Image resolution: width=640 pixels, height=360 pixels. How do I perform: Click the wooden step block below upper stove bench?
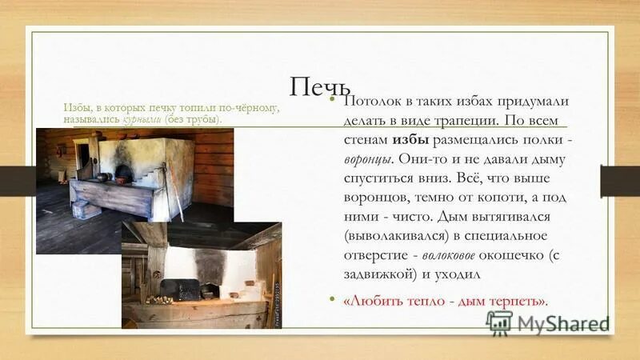86,209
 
